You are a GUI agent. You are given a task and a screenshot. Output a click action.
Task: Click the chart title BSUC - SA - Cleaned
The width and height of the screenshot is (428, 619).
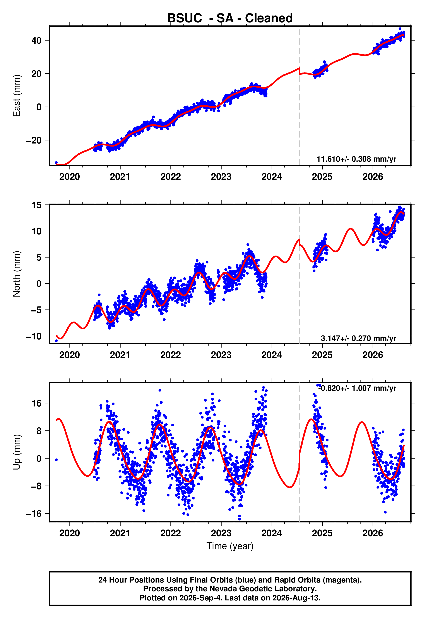pyautogui.click(x=230, y=18)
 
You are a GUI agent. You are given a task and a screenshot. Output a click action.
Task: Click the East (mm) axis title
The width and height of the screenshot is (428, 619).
pyautogui.click(x=17, y=96)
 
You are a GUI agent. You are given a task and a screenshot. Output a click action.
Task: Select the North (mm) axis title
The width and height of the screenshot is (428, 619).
pyautogui.click(x=17, y=274)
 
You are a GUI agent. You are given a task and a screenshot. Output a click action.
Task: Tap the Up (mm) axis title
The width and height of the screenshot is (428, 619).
pyautogui.click(x=17, y=452)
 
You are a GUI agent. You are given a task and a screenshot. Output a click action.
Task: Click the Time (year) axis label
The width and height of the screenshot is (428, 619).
pyautogui.click(x=230, y=546)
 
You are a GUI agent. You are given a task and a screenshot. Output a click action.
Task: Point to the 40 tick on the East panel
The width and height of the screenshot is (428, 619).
pyautogui.click(x=36, y=41)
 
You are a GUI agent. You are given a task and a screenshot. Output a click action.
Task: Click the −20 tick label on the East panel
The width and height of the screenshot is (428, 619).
pyautogui.click(x=34, y=140)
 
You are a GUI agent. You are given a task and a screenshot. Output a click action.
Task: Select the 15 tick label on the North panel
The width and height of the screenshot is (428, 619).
pyautogui.click(x=37, y=205)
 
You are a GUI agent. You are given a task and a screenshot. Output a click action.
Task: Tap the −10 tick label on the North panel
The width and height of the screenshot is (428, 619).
pyautogui.click(x=34, y=336)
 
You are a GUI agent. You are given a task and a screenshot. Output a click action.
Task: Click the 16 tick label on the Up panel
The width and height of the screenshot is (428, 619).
pyautogui.click(x=37, y=403)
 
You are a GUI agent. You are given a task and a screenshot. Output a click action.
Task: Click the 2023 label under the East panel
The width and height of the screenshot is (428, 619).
pyautogui.click(x=221, y=177)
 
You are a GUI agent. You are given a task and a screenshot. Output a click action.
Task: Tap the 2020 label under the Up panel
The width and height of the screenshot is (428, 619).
pyautogui.click(x=69, y=533)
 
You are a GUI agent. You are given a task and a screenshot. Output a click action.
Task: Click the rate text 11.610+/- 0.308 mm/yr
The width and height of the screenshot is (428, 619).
pyautogui.click(x=356, y=159)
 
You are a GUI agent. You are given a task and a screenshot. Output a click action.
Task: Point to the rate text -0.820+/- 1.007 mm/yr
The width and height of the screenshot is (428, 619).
pyautogui.click(x=357, y=388)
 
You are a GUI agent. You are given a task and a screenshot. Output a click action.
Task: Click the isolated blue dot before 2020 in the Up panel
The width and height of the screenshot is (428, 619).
pyautogui.click(x=56, y=460)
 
